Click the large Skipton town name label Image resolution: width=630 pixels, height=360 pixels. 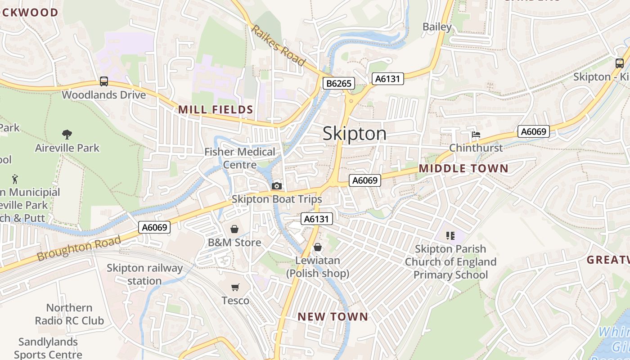(355, 134)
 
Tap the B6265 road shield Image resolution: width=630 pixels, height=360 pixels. (338, 83)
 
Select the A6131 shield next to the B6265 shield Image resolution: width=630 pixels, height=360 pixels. (387, 79)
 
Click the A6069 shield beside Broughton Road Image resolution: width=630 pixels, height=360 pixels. (154, 227)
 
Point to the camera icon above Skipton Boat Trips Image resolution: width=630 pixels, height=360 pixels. (277, 186)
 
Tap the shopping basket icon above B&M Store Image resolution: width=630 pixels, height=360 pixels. (234, 229)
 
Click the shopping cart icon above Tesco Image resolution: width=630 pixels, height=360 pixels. (235, 287)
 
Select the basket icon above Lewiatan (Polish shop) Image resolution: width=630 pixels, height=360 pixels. (318, 247)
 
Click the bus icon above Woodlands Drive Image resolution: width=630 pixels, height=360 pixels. (104, 81)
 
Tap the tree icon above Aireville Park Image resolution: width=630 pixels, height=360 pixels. (67, 134)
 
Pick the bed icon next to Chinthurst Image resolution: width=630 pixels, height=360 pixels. (476, 135)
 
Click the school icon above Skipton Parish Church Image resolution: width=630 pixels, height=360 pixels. (450, 235)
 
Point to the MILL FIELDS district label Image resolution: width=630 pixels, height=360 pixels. (216, 109)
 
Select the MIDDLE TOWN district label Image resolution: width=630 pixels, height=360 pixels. (463, 168)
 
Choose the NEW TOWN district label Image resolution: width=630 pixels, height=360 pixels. (333, 316)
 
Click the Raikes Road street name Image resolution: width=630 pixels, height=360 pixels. (278, 45)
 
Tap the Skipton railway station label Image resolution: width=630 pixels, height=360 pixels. (144, 274)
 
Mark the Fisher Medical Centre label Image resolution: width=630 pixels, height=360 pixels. (239, 158)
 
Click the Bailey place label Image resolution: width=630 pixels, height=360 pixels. (437, 27)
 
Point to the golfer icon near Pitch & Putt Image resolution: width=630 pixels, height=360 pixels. (15, 179)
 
